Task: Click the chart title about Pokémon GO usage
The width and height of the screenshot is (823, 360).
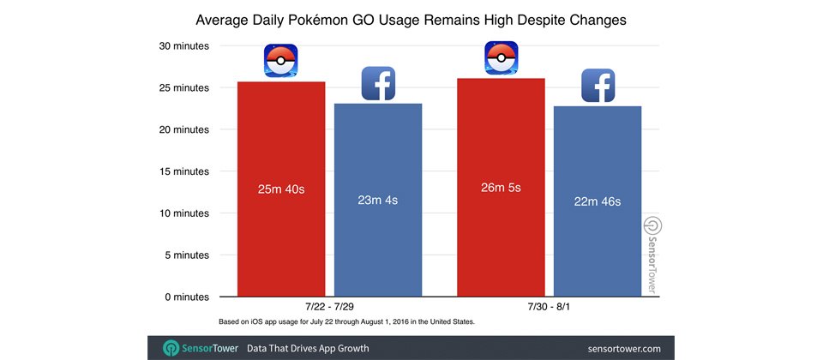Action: [x=411, y=19]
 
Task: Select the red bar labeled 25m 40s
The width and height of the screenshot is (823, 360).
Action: [x=281, y=189]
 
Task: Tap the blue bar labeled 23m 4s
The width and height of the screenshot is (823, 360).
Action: [x=378, y=200]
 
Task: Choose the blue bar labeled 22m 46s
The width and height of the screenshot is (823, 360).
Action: [x=598, y=201]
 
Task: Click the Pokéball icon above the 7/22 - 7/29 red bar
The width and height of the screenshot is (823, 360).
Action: [x=280, y=62]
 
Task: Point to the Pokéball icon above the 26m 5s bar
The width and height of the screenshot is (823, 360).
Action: [x=502, y=57]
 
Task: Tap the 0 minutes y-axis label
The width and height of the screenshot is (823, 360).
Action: [x=183, y=297]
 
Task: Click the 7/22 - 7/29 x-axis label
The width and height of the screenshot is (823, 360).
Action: [x=329, y=307]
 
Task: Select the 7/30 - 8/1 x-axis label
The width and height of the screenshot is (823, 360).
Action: [x=549, y=307]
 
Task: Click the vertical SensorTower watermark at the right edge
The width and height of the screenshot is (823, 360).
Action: [x=651, y=256]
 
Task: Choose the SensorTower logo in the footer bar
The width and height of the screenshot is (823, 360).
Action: [x=201, y=349]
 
